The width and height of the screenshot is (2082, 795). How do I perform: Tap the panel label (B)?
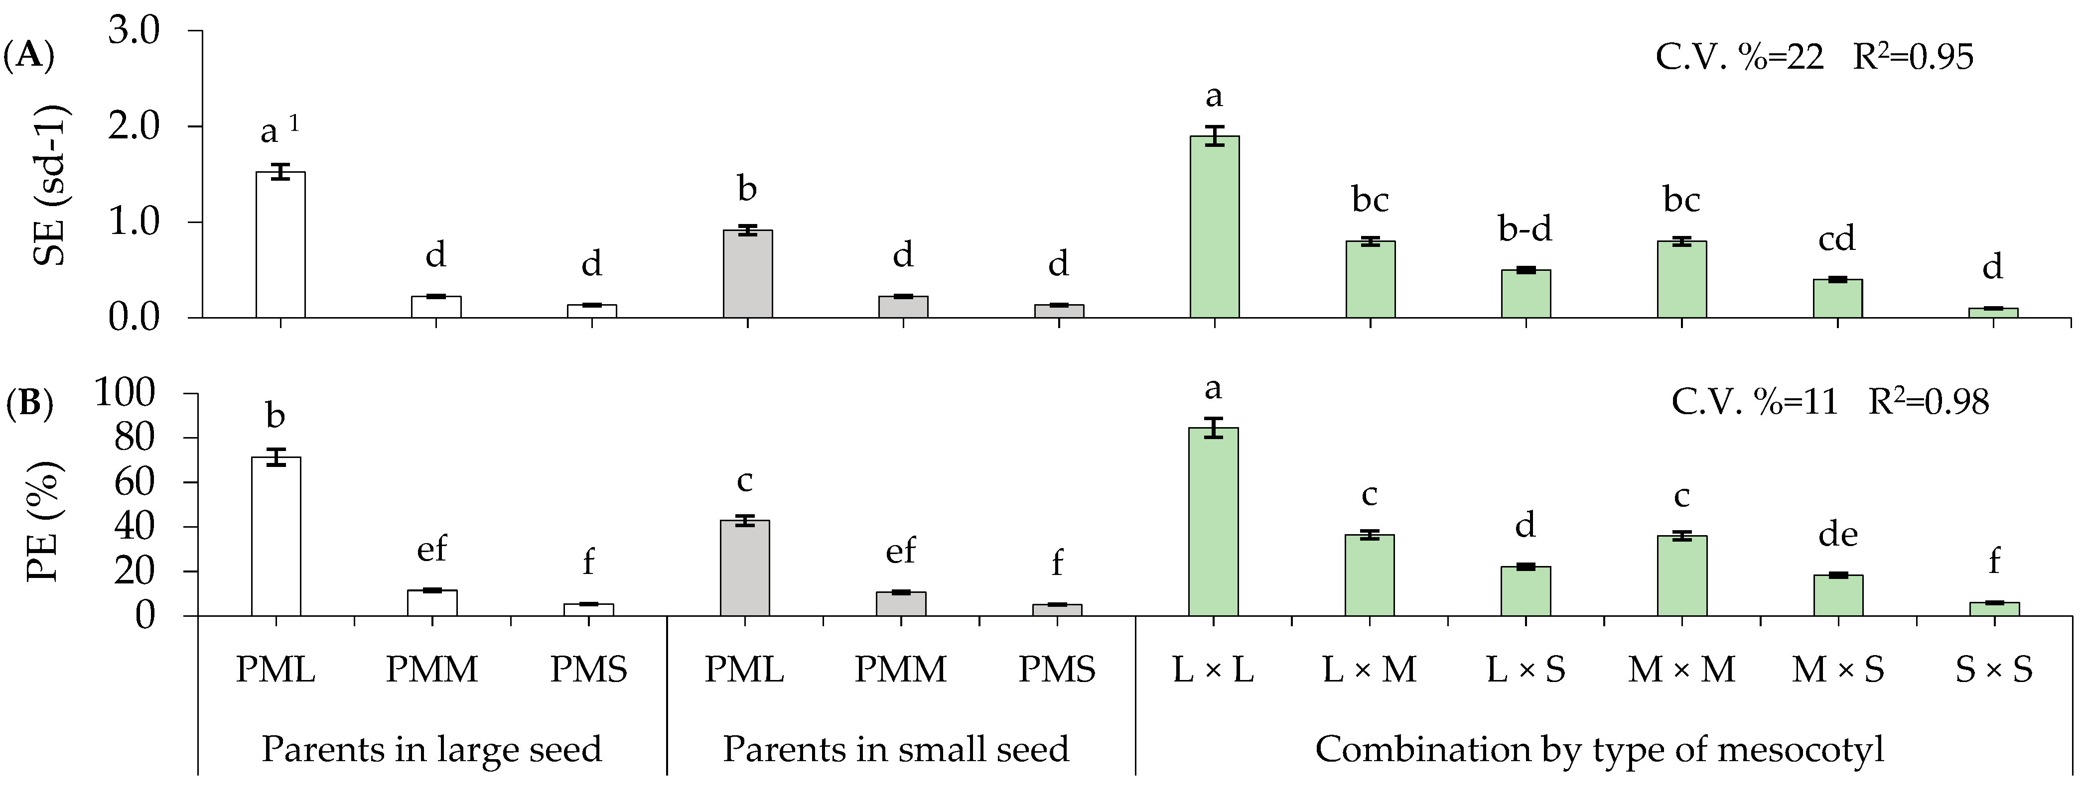(29, 404)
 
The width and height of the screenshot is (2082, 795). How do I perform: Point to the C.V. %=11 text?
(1754, 402)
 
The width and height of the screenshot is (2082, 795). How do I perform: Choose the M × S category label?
(1838, 670)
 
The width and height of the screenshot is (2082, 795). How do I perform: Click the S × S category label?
(1994, 670)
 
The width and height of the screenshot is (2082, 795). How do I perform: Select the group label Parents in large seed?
(431, 749)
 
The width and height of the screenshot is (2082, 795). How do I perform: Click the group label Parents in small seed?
(895, 749)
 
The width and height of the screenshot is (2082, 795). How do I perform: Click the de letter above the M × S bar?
(1838, 535)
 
